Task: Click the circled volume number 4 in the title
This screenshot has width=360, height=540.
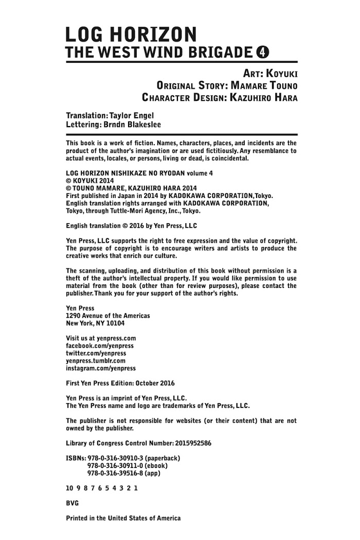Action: coord(263,52)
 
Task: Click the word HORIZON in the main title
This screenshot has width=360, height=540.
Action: coord(154,35)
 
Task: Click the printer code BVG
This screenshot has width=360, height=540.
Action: coord(73,503)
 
